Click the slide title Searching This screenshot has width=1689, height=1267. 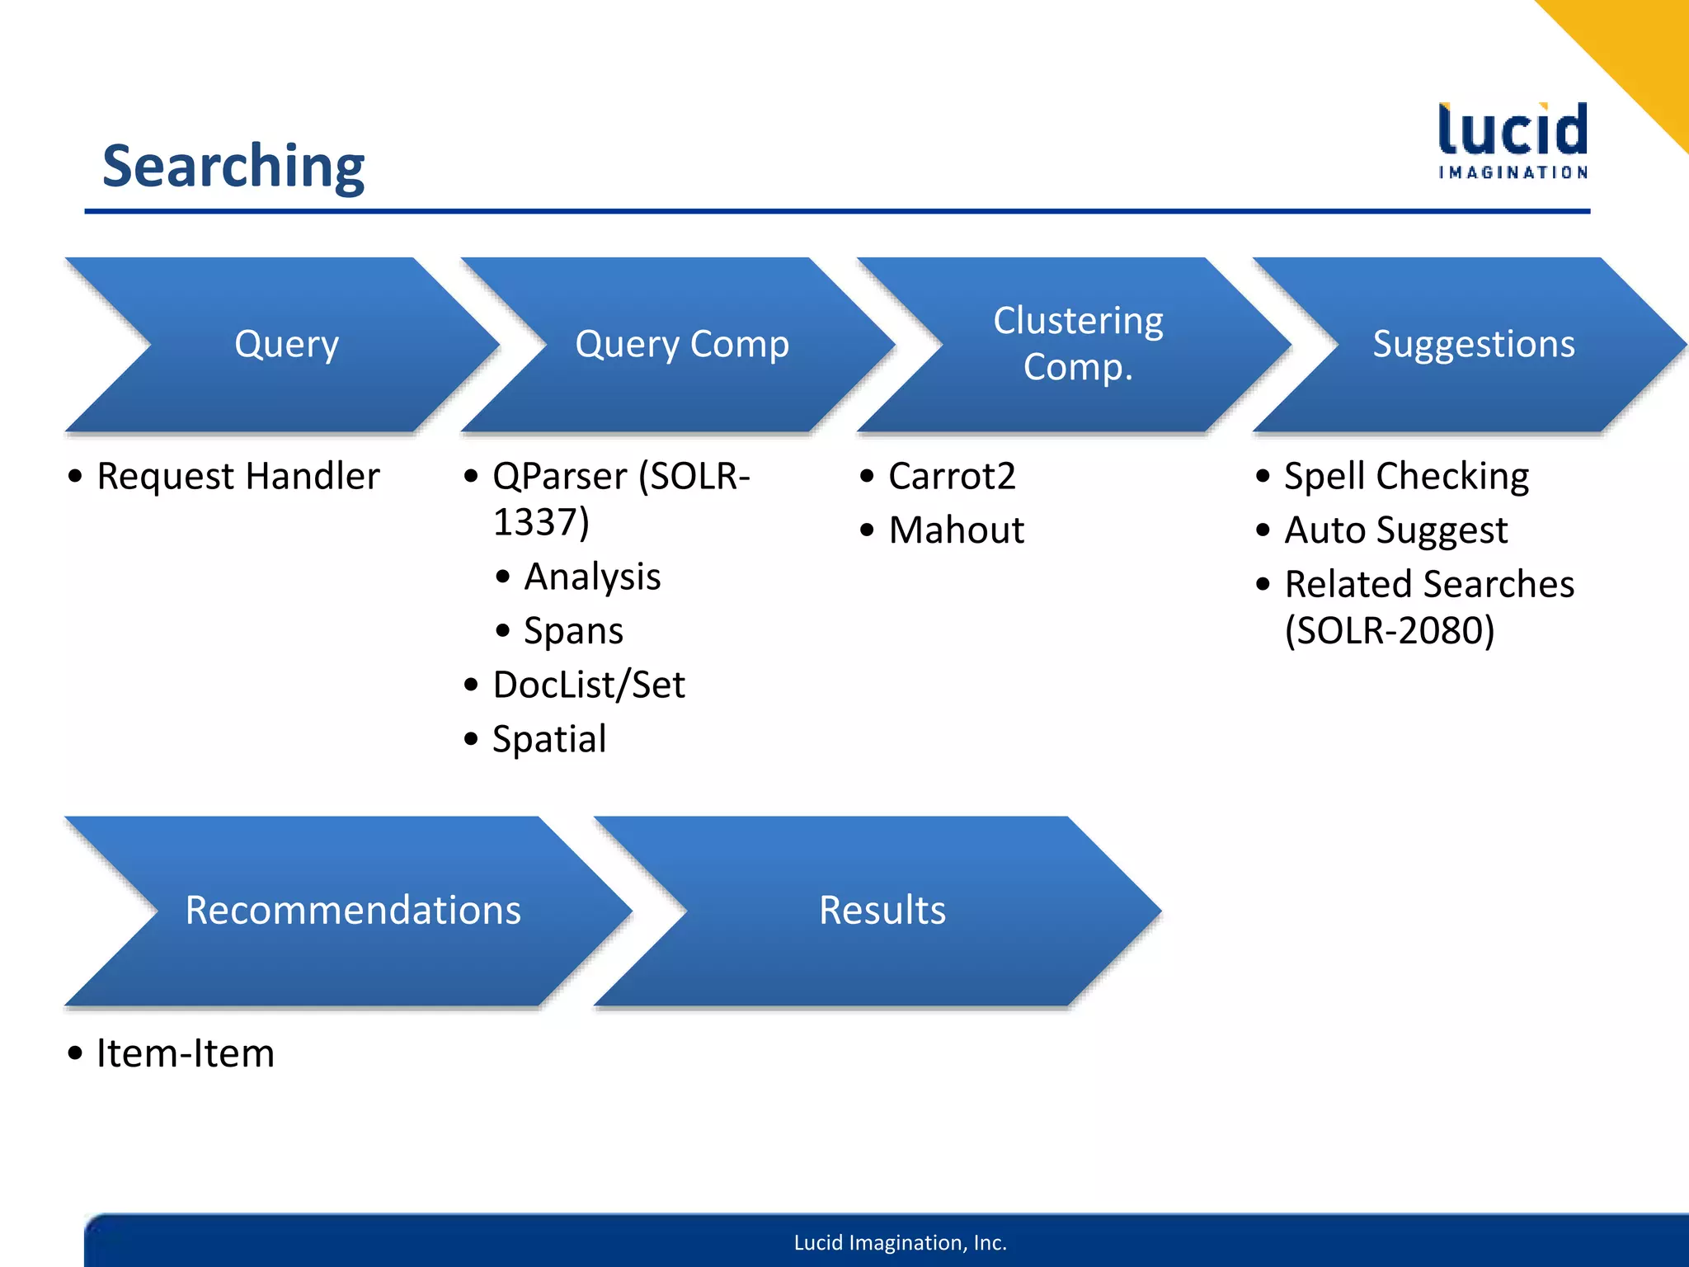(x=233, y=167)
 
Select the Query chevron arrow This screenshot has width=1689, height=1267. (x=286, y=345)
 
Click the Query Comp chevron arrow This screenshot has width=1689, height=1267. (x=682, y=345)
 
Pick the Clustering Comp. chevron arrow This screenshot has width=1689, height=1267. (x=1078, y=344)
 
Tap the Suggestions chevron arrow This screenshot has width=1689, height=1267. (x=1473, y=345)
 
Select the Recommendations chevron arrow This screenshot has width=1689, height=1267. (x=353, y=911)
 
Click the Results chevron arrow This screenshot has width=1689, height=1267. (x=882, y=911)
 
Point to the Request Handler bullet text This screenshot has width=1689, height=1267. (x=238, y=477)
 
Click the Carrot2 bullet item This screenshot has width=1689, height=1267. (x=952, y=477)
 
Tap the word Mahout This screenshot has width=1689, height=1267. (x=956, y=530)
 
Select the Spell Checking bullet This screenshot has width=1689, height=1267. (x=1406, y=477)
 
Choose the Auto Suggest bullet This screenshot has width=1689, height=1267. (x=1395, y=530)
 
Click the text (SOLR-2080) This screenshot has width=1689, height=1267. (x=1390, y=631)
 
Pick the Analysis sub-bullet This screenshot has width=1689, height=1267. (x=592, y=577)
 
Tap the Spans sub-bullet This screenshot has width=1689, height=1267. (x=573, y=631)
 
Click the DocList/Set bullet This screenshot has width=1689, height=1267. (x=588, y=685)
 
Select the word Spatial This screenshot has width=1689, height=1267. (x=549, y=739)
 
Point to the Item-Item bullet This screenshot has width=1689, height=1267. (x=185, y=1054)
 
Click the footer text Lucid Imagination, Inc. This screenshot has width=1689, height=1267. (x=900, y=1242)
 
